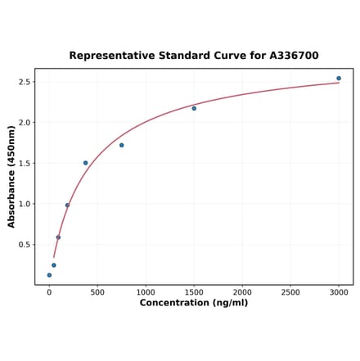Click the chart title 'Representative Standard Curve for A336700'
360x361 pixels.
194,56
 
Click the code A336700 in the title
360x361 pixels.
290,56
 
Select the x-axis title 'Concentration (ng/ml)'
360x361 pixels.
194,303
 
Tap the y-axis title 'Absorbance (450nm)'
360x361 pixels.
11,176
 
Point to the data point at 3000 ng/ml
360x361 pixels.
339,79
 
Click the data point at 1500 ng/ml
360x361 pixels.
194,108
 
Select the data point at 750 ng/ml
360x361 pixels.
122,145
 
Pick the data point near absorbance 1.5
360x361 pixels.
85,163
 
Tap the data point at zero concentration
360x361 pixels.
49,275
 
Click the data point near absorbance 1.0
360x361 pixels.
67,205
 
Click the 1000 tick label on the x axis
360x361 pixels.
146,291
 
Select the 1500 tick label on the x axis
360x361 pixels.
194,291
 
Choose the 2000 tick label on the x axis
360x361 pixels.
242,291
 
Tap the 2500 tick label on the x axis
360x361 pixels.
290,291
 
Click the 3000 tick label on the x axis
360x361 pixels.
339,291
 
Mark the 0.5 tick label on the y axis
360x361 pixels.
25,245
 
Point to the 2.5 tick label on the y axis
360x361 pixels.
25,82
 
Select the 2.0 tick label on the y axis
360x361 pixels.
25,123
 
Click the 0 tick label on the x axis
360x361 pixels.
49,291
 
